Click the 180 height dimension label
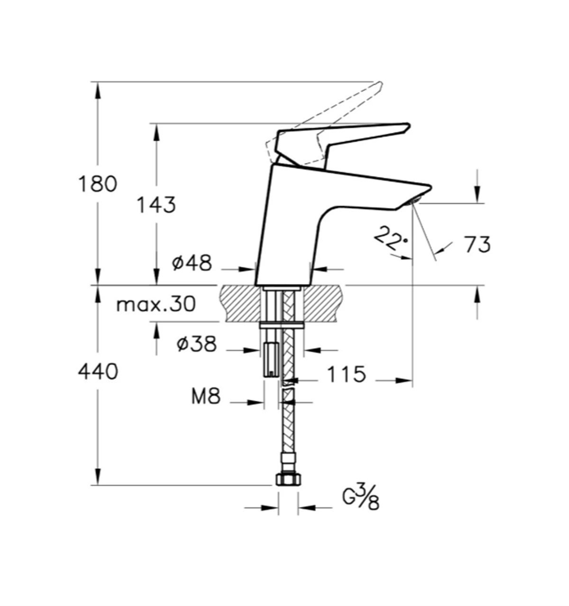(x=97, y=184)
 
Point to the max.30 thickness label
(x=156, y=304)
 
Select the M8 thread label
(x=206, y=396)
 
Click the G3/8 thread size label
(x=361, y=499)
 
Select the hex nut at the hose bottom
(x=287, y=480)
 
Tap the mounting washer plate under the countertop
(x=282, y=325)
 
